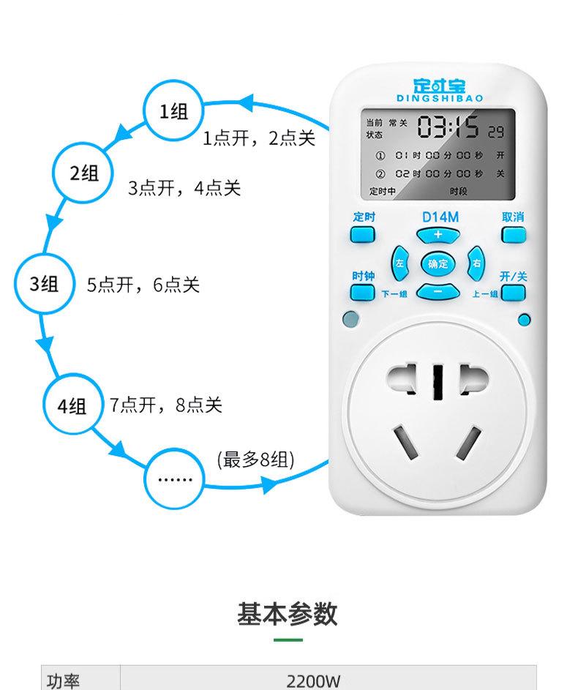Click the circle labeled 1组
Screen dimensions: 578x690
coord(173,111)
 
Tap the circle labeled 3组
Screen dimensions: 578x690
coord(44,284)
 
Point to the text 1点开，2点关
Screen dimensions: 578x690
coord(258,138)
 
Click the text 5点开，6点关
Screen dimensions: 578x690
coord(143,285)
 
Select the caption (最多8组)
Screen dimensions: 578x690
coord(256,460)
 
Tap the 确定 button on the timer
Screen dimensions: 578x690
coord(438,264)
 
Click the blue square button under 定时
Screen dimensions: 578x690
coord(363,235)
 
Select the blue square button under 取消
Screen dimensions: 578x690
coord(514,235)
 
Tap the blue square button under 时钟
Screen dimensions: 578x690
coord(363,293)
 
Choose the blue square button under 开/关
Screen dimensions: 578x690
coord(514,293)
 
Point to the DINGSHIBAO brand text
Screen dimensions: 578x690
coord(439,97)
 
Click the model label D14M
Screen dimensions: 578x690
coord(439,217)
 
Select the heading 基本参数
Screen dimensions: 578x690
coord(288,614)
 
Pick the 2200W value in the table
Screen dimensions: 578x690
coord(314,680)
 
